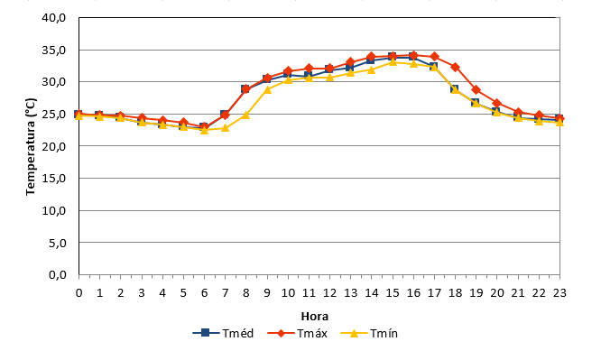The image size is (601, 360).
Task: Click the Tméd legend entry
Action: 223,333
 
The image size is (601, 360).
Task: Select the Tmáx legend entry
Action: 297,333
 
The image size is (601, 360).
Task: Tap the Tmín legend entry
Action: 369,333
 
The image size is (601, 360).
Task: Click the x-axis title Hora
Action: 315,317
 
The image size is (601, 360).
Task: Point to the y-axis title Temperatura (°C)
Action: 31,147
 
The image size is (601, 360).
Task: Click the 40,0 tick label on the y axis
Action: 54,18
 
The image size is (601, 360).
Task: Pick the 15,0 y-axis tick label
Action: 54,179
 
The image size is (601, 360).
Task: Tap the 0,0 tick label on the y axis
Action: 58,275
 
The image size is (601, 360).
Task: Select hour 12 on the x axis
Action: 329,293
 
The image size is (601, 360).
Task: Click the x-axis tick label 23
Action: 559,293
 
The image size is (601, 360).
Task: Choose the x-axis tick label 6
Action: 204,293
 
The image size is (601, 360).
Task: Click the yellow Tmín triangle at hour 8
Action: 246,115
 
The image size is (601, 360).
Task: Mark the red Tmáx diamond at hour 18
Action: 456,67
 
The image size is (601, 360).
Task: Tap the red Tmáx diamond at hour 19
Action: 476,90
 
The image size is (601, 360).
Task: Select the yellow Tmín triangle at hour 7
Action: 225,127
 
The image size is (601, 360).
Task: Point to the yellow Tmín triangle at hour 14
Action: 372,69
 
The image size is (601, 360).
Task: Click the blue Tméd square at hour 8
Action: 245,89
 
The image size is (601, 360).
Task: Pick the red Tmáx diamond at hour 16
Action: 413,55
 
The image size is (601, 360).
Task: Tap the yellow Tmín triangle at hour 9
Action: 267,89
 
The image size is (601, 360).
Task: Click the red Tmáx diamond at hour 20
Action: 497,103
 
